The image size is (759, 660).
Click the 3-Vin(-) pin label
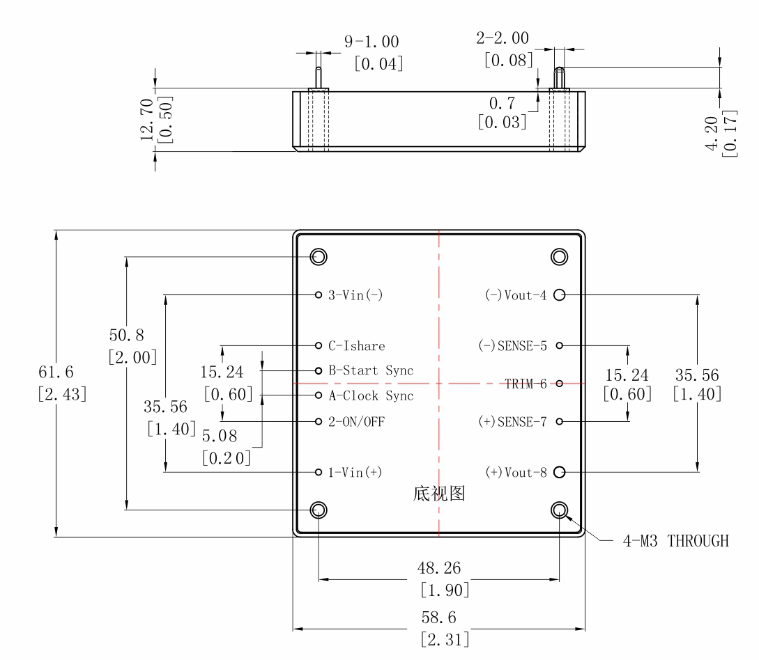[x=355, y=295]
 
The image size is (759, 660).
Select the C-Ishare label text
[x=356, y=346]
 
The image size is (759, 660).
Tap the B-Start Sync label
[x=371, y=371]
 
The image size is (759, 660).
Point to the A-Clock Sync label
[x=371, y=396]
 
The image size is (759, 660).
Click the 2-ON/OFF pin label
[x=356, y=422]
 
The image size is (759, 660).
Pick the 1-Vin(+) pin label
[x=355, y=473]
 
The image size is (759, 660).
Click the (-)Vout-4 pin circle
[x=559, y=295]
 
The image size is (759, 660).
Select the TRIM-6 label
[x=526, y=384]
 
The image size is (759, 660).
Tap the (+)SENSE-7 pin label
[x=512, y=422]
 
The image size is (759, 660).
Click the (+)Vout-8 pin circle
[x=559, y=473]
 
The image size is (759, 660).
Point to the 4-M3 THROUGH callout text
[x=675, y=541]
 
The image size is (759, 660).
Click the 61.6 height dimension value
[x=56, y=372]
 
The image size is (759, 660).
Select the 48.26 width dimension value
[x=439, y=568]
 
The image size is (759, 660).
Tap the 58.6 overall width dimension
[x=439, y=618]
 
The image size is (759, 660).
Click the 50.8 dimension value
[x=127, y=335]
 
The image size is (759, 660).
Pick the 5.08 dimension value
[x=220, y=437]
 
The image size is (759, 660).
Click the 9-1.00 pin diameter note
[x=371, y=42]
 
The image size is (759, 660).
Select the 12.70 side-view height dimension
[x=147, y=119]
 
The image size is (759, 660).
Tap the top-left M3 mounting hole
[x=319, y=256]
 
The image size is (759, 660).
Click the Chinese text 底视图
[x=439, y=494]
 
